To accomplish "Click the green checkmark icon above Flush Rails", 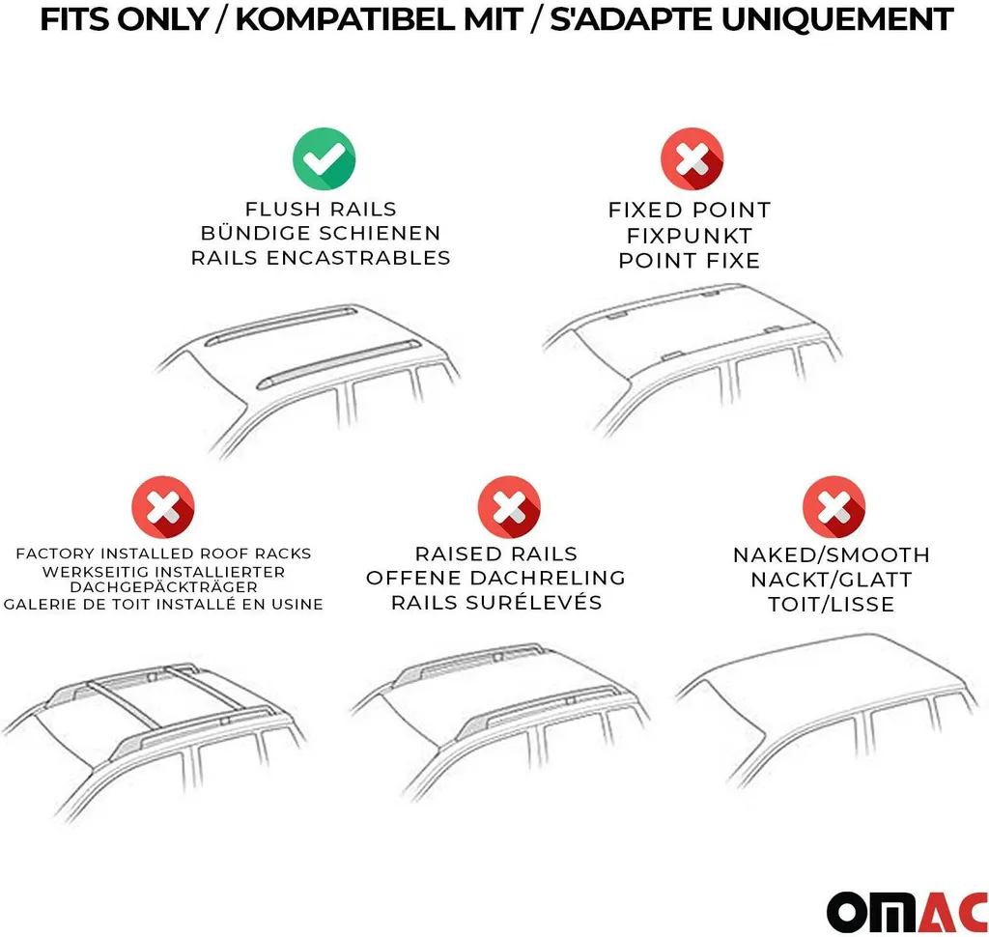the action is click(325, 158).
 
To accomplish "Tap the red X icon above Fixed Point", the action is click(692, 159).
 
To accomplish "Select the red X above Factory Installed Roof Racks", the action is click(163, 507).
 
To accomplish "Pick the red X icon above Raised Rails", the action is click(509, 507).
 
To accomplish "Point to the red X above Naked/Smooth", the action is click(834, 507).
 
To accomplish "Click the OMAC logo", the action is click(907, 912).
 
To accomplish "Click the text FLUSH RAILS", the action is click(321, 209).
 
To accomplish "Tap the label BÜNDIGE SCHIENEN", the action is click(321, 233).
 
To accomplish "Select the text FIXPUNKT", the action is click(690, 236).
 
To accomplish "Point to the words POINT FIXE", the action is click(690, 260).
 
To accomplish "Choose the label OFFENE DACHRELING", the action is click(495, 578).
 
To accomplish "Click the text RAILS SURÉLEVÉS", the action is click(496, 603).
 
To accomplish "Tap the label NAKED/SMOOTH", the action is click(832, 555).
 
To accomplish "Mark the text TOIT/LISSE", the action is click(832, 605).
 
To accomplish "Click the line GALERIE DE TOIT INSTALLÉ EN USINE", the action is click(163, 605).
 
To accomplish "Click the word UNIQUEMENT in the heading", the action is click(837, 19).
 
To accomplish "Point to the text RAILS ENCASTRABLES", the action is click(321, 258).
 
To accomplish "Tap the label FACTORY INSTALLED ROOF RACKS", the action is click(163, 554).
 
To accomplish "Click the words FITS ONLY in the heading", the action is click(125, 19).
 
